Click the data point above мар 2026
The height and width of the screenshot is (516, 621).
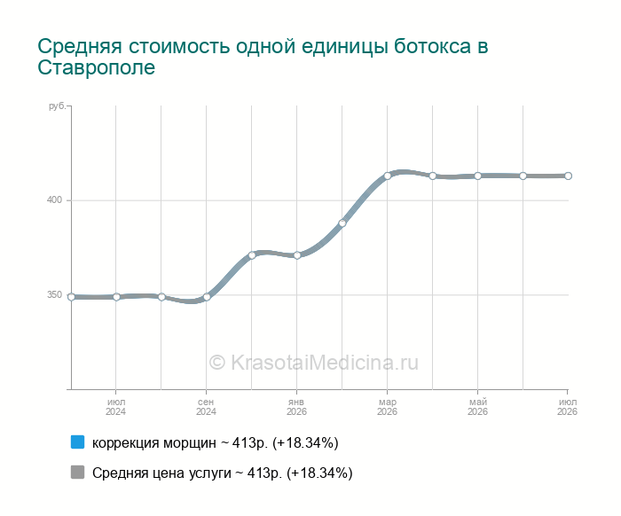point(388,176)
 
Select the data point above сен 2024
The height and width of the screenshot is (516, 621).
point(207,297)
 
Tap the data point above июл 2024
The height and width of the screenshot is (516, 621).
point(116,297)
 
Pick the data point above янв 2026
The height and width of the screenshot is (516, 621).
point(297,255)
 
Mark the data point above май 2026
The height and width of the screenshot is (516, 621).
point(477,176)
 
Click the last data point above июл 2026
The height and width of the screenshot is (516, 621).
point(568,176)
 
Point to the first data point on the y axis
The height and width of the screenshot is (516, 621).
point(71,297)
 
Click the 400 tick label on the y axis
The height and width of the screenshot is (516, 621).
point(55,199)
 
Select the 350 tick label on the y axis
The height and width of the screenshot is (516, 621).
point(55,295)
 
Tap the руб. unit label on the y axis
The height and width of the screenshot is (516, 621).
point(57,106)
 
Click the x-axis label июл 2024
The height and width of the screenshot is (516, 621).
point(115,407)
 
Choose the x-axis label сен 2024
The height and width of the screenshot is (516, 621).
point(206,407)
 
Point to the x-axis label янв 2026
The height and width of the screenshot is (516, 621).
point(296,407)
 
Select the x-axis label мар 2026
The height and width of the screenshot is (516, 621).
point(387,407)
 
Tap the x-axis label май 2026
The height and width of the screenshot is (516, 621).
point(477,407)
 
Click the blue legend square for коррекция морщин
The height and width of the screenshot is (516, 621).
point(78,442)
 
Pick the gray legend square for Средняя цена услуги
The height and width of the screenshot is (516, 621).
point(78,472)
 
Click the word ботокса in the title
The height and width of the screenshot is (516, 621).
point(432,46)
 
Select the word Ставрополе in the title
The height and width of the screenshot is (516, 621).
point(96,67)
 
